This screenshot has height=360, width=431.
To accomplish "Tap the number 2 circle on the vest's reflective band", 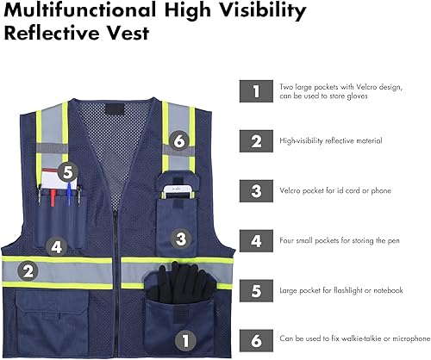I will coord(28,272).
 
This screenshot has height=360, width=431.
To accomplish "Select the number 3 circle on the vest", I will coord(181,238).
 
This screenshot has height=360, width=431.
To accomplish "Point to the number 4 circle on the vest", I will coord(56,246).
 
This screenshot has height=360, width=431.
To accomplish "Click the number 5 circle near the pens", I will coord(70,173).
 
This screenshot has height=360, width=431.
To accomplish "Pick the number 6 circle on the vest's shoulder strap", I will coord(178,140).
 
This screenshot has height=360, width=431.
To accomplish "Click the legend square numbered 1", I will coord(255,90).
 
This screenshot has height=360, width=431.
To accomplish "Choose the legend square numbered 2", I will coord(255,140).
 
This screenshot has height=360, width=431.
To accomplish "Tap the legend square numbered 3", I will coord(255,189).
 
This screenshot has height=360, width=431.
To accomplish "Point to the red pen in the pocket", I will coord(53,198).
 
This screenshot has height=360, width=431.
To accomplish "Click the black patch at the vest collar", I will coord(112,112).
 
